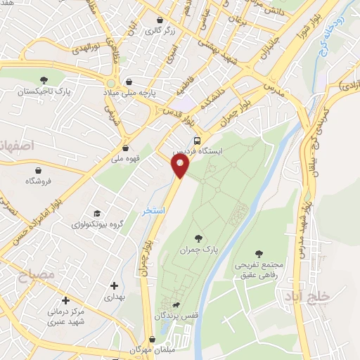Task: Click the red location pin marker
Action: click(x=181, y=166)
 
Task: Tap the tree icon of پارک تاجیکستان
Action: click(x=44, y=80)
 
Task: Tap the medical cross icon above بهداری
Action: click(x=114, y=286)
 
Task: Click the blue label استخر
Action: click(x=153, y=212)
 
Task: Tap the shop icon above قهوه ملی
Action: click(x=126, y=148)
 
